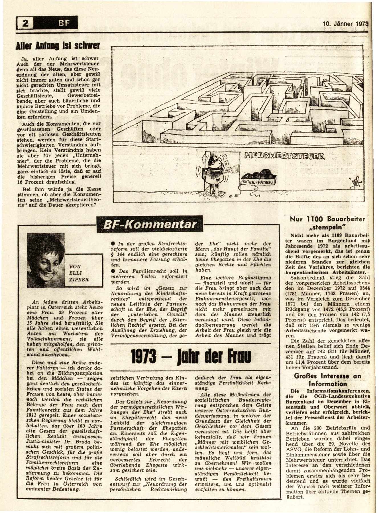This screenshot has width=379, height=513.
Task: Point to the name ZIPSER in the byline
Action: pyautogui.click(x=79, y=280)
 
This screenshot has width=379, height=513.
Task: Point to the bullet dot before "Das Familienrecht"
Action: pyautogui.click(x=113, y=271)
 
